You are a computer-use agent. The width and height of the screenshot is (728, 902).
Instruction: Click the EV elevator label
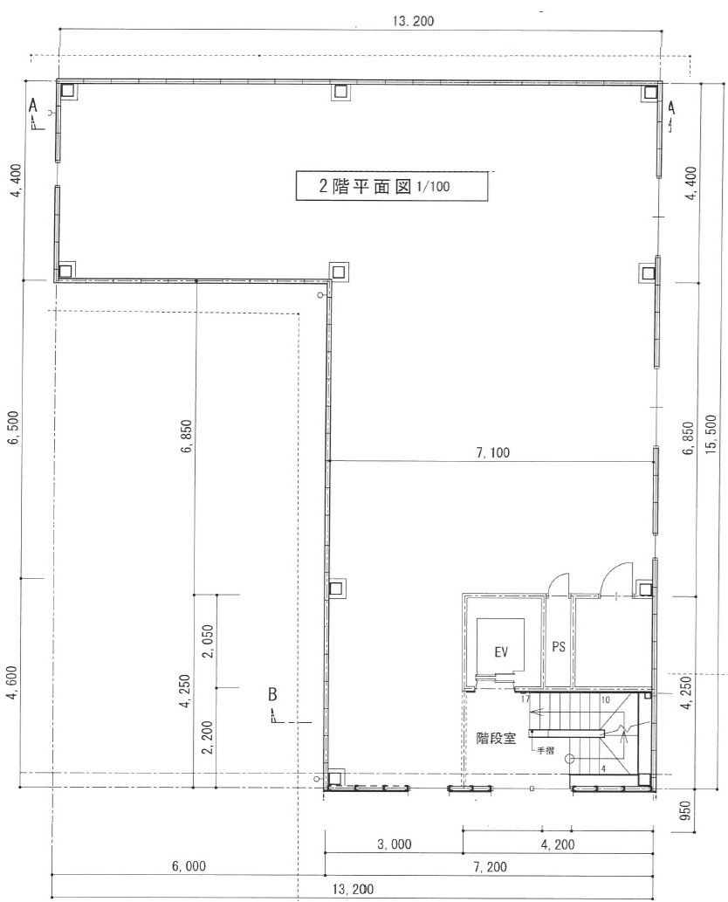[x=501, y=652]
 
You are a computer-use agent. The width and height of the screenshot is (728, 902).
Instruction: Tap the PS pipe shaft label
[x=559, y=648]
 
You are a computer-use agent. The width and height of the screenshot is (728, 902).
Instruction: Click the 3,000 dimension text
[x=393, y=845]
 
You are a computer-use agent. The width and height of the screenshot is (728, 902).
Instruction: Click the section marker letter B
[x=272, y=695]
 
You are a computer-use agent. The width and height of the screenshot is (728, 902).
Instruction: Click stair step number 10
[x=605, y=699]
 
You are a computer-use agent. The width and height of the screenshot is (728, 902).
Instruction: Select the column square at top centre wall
[x=340, y=91]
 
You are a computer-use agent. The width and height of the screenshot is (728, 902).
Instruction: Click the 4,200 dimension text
[x=558, y=845]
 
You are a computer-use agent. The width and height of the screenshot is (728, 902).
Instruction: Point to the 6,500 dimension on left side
[x=13, y=428]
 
